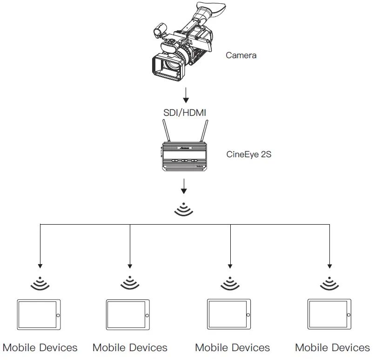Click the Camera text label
click(241, 55)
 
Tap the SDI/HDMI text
click(185, 113)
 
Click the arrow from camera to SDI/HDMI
click(186, 95)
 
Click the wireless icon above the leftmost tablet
click(40, 283)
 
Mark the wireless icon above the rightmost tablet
click(330, 283)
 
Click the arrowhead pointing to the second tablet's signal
click(129, 266)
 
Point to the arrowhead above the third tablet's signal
click(230, 266)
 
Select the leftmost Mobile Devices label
click(40, 348)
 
